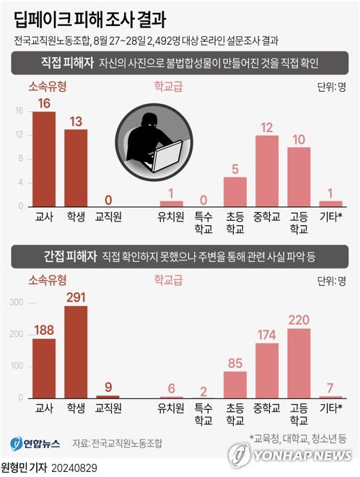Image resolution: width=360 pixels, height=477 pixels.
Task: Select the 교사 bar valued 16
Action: click(44, 159)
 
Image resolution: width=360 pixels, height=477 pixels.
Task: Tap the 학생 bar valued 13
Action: click(76, 167)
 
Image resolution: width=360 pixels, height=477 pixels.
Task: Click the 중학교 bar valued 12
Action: click(268, 170)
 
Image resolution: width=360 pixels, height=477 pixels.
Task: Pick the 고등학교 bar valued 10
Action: click(299, 177)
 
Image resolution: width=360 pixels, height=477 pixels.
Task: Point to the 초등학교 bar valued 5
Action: click(235, 191)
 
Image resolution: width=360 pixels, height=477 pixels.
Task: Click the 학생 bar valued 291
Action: click(76, 352)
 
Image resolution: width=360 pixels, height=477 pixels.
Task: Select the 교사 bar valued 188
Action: click(44, 368)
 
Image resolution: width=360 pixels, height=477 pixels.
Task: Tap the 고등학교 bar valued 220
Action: click(299, 363)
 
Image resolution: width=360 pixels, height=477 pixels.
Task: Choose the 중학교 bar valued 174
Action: click(268, 370)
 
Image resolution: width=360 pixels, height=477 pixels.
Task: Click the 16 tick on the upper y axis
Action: click(19, 111)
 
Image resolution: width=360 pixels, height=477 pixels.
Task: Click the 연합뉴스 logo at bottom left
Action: click(35, 442)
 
